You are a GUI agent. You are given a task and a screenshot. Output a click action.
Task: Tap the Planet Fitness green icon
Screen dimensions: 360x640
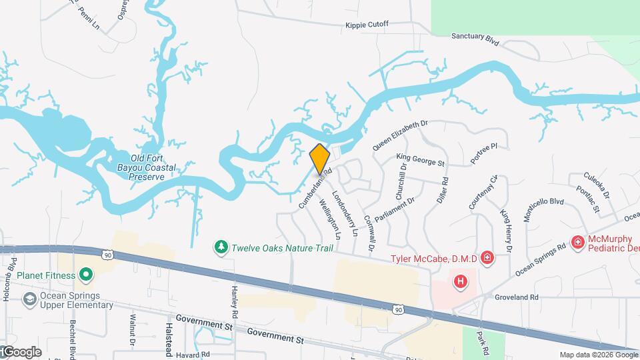pyautogui.click(x=85, y=275)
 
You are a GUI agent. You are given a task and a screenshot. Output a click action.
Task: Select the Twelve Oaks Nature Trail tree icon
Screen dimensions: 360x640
pyautogui.click(x=221, y=248)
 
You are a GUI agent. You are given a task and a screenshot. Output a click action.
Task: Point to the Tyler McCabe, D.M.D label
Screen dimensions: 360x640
pyautogui.click(x=433, y=258)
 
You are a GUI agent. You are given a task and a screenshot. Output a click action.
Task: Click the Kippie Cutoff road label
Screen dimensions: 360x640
pyautogui.click(x=366, y=25)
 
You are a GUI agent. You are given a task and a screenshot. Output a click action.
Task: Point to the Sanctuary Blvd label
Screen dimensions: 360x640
pyautogui.click(x=475, y=39)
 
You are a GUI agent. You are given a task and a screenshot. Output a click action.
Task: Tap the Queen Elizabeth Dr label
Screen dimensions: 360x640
pyautogui.click(x=399, y=134)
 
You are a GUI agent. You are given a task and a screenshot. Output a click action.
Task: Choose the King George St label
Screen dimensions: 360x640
pyautogui.click(x=420, y=160)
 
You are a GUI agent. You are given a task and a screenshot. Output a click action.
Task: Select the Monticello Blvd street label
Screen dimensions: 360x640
pyautogui.click(x=543, y=209)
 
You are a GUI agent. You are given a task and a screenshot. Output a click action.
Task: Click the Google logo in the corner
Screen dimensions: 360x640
pyautogui.click(x=21, y=351)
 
